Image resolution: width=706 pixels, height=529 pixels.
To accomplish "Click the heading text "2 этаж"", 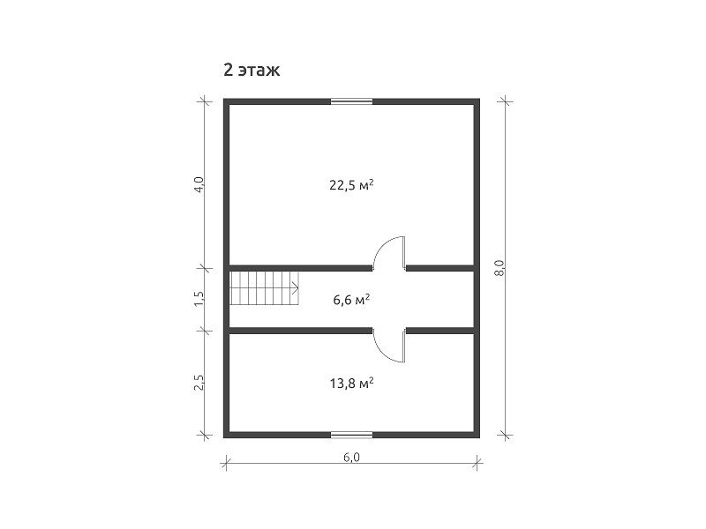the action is point(252,71).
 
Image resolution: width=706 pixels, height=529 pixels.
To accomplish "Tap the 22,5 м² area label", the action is point(351,185).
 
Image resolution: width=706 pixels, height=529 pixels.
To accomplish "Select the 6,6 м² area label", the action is point(351,299).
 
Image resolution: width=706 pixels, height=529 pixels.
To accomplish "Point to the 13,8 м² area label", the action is point(351,384).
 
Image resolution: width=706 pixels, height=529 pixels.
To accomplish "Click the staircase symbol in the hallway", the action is point(265,287).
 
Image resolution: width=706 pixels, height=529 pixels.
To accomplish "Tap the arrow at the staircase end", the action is point(296,287).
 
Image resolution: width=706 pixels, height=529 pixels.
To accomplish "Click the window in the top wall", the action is point(351,101).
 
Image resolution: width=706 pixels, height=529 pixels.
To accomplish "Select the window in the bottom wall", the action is point(351,435).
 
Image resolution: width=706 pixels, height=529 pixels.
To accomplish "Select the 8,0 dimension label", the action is point(499,268).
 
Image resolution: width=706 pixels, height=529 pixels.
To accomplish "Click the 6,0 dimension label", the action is point(351,457).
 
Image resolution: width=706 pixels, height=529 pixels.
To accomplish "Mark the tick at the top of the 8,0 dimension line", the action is point(505,101).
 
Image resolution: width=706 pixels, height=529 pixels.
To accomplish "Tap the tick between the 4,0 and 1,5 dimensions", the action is point(205,268).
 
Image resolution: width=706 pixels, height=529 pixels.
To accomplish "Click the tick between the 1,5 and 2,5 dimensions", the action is point(205,332).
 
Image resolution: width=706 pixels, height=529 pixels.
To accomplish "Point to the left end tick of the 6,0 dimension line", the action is point(226,462).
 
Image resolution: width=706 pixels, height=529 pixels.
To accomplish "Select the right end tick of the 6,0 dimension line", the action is point(477,462).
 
